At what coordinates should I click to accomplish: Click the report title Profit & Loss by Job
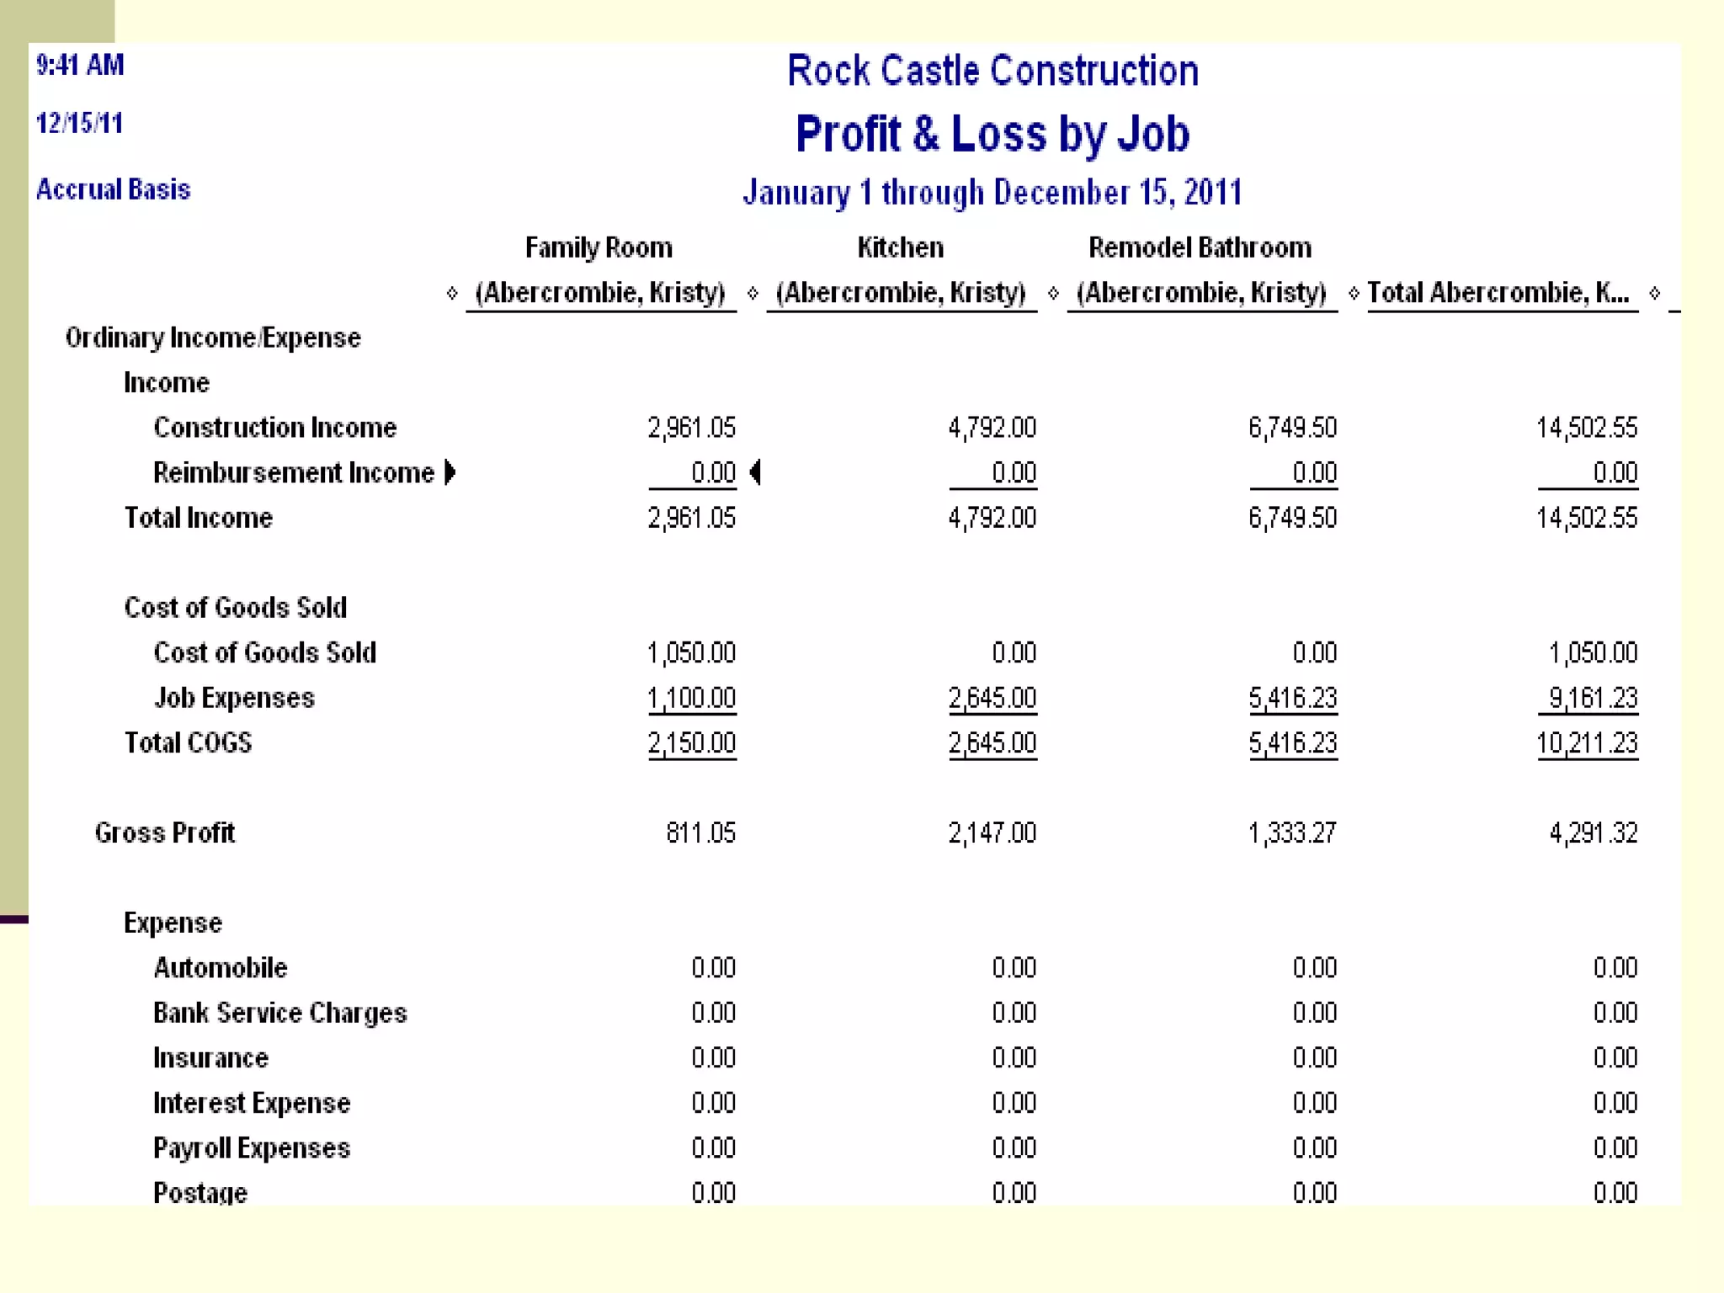992,134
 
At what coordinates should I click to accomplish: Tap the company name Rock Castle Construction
992,71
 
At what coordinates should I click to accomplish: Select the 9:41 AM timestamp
80,65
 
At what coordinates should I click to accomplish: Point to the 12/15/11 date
79,124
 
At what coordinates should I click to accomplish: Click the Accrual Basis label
113,189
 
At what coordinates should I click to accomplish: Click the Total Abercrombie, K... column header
1498,293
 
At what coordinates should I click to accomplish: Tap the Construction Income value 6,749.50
1292,428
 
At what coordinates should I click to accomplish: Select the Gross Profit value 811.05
700,833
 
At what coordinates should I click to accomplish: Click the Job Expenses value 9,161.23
1593,698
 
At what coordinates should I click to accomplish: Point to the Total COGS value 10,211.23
1587,743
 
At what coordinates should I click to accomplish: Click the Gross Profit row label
164,833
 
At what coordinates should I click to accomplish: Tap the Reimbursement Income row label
293,473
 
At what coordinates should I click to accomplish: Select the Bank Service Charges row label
279,1013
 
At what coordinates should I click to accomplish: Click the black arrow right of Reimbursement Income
450,472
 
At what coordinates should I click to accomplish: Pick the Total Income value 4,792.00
992,518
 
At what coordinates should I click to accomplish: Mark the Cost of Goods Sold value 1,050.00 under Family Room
691,653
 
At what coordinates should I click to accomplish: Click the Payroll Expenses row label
251,1148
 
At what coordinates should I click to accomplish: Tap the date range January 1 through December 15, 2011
992,193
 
